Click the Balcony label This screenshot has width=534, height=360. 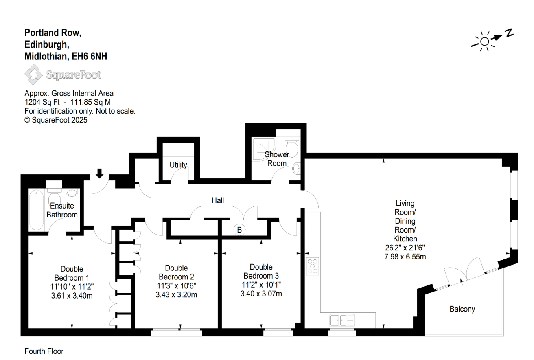(462, 309)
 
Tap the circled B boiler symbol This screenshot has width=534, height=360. (239, 230)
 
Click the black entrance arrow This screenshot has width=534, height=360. (99, 173)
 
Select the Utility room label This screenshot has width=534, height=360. (178, 165)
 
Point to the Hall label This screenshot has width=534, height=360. (218, 200)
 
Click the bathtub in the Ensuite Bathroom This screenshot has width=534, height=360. (36, 210)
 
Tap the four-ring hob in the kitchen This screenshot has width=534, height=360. (313, 266)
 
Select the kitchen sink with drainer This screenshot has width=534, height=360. (342, 320)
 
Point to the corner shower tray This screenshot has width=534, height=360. (264, 149)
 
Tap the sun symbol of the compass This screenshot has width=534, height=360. (484, 42)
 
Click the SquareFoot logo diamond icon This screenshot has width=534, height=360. (34, 75)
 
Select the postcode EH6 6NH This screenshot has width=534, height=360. (90, 56)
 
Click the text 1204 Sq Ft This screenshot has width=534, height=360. (42, 102)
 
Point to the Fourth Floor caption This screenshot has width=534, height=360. (44, 351)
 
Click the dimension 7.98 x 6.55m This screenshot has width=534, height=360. (405, 257)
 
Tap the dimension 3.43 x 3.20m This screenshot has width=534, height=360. (176, 294)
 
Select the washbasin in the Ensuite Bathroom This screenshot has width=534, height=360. (72, 192)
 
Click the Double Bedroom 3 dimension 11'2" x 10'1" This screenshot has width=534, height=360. (261, 285)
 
